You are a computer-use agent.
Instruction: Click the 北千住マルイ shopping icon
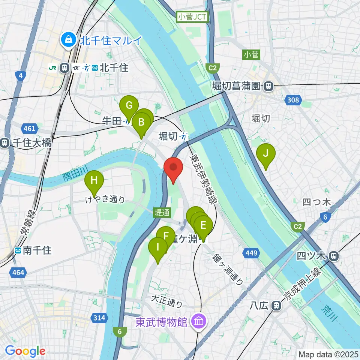[69, 39]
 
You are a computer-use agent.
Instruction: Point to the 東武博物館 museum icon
[196, 321]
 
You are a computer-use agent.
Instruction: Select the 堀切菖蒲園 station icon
[268, 86]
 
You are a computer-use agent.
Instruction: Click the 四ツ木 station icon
[333, 256]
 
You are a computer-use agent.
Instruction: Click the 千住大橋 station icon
[4, 143]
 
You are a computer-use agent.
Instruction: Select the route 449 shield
[251, 253]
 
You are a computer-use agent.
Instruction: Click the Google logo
[25, 351]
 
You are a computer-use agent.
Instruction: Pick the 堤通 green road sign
[162, 213]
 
